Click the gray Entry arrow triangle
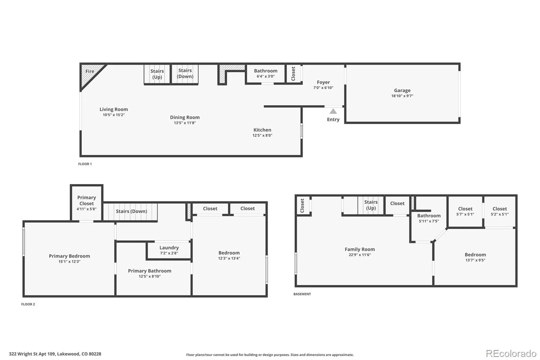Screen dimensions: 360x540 click(333, 111)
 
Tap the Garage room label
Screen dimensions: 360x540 click(402, 91)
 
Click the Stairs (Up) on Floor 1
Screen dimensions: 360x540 click(157, 74)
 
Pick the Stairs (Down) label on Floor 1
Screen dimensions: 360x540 click(185, 73)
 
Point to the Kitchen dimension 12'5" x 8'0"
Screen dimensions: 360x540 click(262, 135)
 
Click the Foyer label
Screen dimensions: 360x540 click(323, 82)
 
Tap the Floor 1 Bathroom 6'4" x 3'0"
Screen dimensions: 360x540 click(266, 73)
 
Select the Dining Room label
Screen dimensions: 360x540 click(185, 117)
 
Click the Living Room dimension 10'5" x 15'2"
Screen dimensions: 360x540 click(114, 115)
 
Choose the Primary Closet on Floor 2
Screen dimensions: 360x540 click(86, 203)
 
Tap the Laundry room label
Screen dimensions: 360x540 click(169, 248)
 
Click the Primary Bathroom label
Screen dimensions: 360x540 click(150, 271)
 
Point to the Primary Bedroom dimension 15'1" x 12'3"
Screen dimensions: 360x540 click(69, 262)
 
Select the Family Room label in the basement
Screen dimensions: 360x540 click(359, 249)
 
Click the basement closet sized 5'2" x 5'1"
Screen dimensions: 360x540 click(500, 211)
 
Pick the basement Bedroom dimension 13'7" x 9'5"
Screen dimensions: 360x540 click(475, 260)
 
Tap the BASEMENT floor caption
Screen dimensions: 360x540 click(302, 294)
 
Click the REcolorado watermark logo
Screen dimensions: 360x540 click(511, 354)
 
